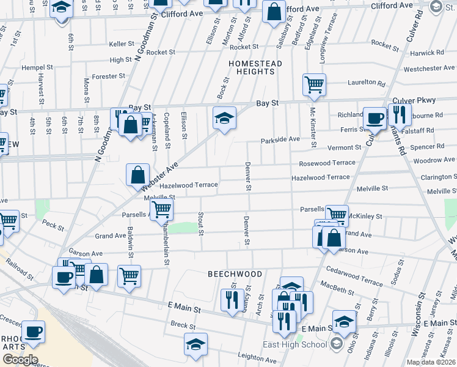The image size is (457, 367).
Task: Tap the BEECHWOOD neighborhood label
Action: pyautogui.click(x=230, y=274)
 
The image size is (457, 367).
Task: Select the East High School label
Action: pyautogui.click(x=296, y=344)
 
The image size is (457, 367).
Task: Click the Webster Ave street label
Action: pyautogui.click(x=162, y=174)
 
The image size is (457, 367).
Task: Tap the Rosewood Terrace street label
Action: pyautogui.click(x=327, y=163)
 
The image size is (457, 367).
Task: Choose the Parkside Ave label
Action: pyautogui.click(x=280, y=139)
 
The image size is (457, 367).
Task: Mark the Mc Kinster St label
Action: pyautogui.click(x=312, y=127)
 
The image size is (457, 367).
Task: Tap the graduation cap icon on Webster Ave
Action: pyautogui.click(x=224, y=117)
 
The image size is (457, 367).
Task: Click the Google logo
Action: pyautogui.click(x=20, y=360)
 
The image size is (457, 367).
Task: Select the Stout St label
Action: pyautogui.click(x=200, y=223)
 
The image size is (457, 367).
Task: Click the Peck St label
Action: pyautogui.click(x=53, y=225)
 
